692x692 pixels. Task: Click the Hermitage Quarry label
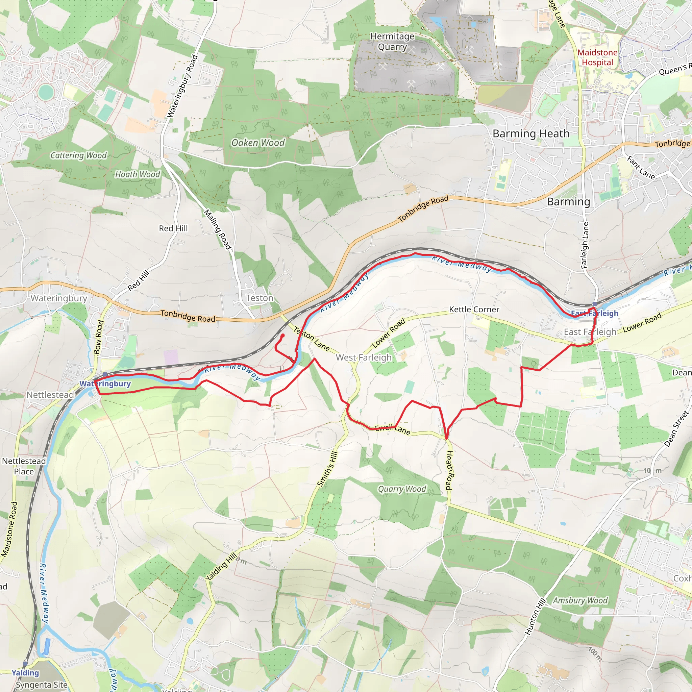point(392,42)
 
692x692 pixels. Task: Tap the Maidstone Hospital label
point(597,57)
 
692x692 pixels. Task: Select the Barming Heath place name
point(531,133)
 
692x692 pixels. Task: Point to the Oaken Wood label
point(258,143)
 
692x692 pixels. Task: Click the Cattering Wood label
point(78,155)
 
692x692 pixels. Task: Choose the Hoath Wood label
point(138,174)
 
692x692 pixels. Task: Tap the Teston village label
point(260,298)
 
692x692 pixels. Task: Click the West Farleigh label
point(364,357)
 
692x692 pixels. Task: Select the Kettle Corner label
point(474,310)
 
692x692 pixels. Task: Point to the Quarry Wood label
point(402,489)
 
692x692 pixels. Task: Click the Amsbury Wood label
point(580,600)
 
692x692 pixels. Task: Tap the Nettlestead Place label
point(24,466)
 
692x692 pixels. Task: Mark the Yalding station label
point(25,673)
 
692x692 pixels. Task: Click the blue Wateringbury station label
point(105,384)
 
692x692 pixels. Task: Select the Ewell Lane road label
point(393,429)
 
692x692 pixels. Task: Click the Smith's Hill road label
point(327,469)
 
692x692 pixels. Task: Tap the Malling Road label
point(217,229)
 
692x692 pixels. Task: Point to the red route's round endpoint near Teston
point(282,336)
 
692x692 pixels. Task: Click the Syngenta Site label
point(42,685)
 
